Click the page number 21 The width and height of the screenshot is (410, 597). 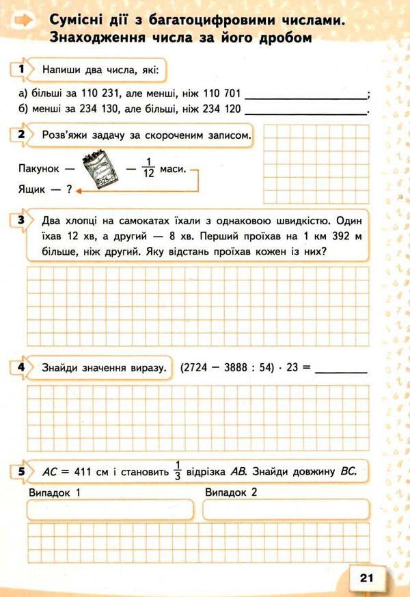[366, 578]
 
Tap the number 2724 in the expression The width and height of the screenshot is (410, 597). [197, 368]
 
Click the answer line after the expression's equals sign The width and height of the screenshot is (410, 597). [342, 369]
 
